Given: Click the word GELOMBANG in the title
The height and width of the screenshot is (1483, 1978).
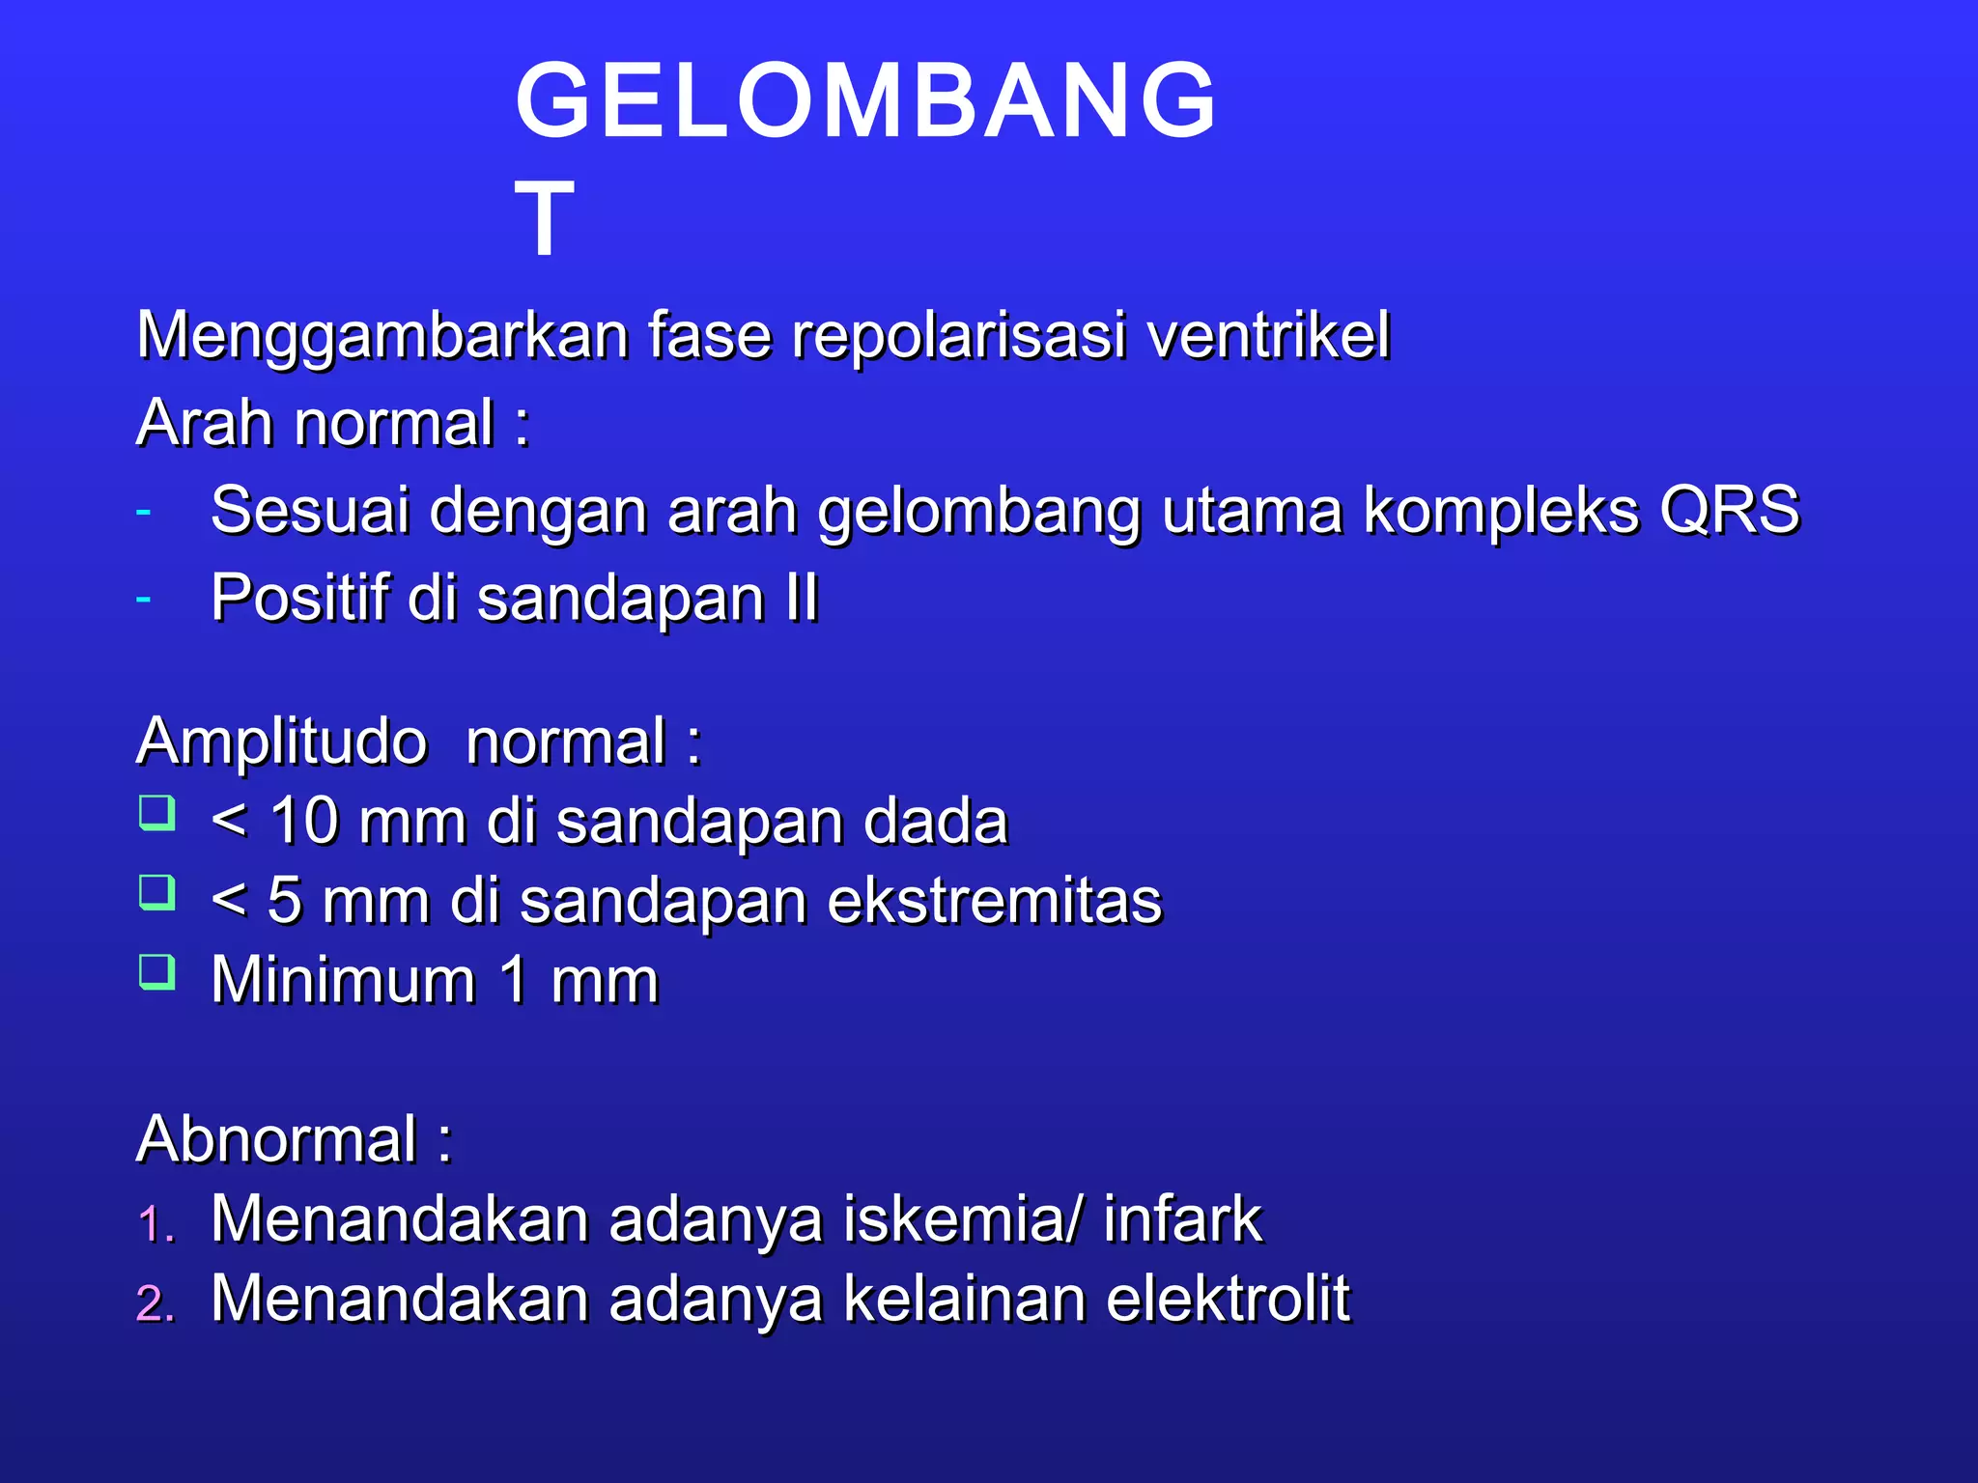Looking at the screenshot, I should click(865, 100).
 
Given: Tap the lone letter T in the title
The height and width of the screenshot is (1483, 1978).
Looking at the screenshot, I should click(545, 220).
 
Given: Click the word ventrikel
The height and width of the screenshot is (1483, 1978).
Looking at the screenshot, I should click(1268, 336).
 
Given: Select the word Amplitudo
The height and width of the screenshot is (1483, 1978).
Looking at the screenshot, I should click(282, 742).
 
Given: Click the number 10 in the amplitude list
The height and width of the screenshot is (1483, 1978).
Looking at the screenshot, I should click(303, 822).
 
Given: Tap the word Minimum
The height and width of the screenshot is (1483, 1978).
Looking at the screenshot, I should click(343, 980).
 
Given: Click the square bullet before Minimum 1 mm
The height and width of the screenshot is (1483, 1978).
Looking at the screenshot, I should click(156, 972).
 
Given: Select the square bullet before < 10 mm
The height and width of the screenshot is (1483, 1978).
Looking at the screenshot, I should click(156, 813).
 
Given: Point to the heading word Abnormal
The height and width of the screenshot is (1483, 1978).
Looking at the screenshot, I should click(277, 1139).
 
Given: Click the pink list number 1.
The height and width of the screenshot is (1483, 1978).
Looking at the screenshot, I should click(154, 1224).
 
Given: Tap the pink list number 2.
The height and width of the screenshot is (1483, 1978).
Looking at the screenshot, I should click(155, 1303).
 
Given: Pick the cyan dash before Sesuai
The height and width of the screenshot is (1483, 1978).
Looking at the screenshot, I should click(144, 511).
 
